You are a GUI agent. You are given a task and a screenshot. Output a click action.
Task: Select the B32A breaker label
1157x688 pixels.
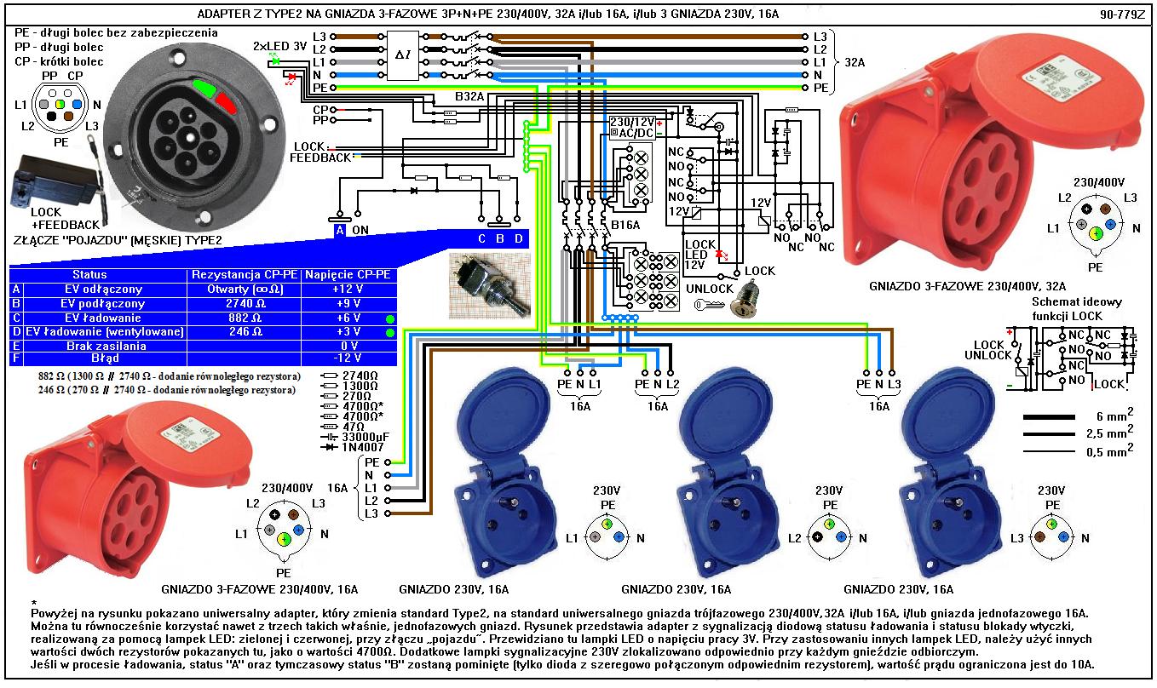(469, 98)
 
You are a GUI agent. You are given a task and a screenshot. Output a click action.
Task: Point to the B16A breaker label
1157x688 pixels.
(625, 226)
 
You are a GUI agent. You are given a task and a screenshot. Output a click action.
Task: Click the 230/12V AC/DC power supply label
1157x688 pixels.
(632, 128)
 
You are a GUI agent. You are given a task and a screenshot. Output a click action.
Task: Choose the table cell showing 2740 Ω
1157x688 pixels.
(244, 303)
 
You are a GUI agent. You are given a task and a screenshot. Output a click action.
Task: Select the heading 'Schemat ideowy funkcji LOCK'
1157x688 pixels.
(1076, 307)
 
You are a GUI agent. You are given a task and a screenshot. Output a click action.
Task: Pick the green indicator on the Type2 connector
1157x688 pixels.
(205, 88)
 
